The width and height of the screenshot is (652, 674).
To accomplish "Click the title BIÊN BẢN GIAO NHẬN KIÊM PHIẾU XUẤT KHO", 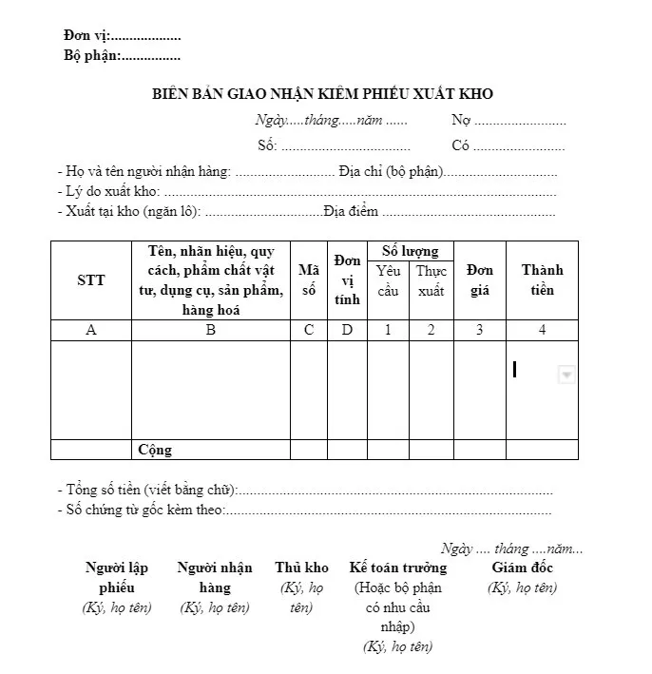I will click(323, 94).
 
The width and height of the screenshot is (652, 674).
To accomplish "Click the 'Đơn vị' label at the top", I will click(86, 36).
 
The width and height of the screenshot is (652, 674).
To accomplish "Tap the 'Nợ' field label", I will click(461, 121).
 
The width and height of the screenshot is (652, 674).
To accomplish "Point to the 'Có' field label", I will click(461, 145).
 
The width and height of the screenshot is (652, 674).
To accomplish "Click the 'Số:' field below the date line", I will click(267, 145).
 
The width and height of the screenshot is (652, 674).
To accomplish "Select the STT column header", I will click(90, 280).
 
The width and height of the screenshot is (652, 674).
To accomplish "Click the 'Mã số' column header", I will click(309, 280).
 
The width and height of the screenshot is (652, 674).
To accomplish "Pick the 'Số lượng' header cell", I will click(410, 251).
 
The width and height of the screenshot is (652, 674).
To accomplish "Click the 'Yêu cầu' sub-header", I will click(388, 280).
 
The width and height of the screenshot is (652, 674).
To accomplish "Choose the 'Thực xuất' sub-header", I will click(431, 280).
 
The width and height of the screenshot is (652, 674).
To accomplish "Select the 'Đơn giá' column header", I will click(479, 280).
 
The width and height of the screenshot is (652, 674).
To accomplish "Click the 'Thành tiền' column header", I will click(542, 280).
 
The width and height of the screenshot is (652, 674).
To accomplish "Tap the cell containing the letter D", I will click(348, 330).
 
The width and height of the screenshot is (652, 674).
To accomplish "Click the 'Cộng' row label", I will click(155, 450).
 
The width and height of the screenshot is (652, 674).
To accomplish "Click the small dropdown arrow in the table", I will click(566, 376).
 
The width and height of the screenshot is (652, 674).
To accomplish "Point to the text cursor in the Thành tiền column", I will click(514, 369).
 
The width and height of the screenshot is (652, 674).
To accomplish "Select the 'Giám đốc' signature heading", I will click(522, 568).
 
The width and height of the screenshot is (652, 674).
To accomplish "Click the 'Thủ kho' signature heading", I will click(301, 568).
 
